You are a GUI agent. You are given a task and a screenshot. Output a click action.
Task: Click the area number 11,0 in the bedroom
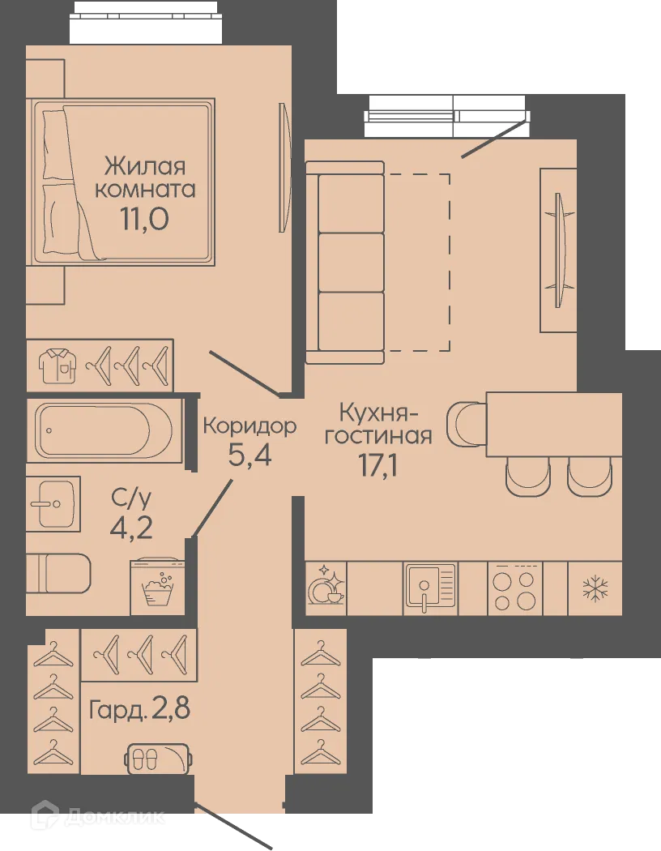point(145,219)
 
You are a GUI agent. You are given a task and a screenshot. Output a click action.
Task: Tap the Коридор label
point(249,425)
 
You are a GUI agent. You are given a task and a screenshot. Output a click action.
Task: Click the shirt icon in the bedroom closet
point(57,365)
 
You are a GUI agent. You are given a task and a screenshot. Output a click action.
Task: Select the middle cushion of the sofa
point(350,263)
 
